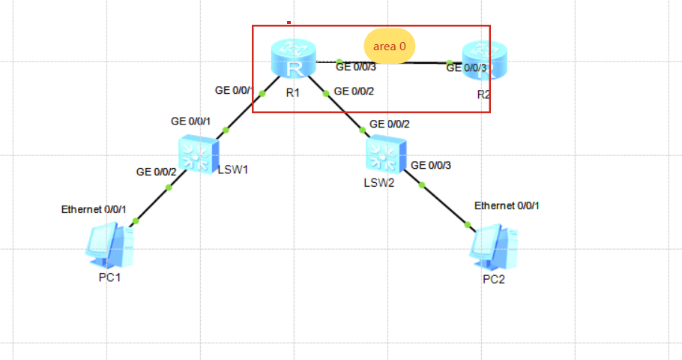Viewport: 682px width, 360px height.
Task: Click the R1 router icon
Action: pyautogui.click(x=292, y=60)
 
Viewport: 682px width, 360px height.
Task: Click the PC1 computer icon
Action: pyautogui.click(x=109, y=246)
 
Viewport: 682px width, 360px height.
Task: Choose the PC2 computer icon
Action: pyautogui.click(x=495, y=247)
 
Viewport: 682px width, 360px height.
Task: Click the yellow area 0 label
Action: pyautogui.click(x=390, y=46)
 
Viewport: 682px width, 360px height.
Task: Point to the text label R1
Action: pyautogui.click(x=292, y=93)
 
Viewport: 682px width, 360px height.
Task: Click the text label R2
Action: pyautogui.click(x=483, y=94)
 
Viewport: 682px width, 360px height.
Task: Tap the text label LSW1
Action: pyautogui.click(x=232, y=168)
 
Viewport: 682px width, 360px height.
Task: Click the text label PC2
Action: pyautogui.click(x=495, y=280)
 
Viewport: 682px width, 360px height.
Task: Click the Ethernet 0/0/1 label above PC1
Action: pyautogui.click(x=94, y=208)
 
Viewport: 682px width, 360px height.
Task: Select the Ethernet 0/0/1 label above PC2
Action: pyautogui.click(x=507, y=205)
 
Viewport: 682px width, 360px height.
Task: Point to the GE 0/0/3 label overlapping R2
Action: pyautogui.click(x=466, y=68)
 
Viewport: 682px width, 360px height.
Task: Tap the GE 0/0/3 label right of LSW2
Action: pyautogui.click(x=432, y=165)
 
